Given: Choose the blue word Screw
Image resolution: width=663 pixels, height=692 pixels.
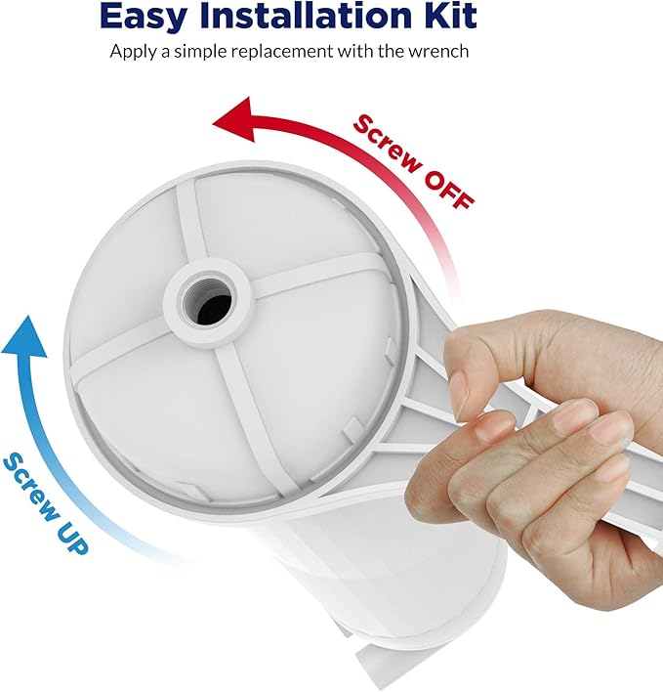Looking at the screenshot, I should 28,479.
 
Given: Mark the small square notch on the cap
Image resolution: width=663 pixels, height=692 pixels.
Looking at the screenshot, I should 349,427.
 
